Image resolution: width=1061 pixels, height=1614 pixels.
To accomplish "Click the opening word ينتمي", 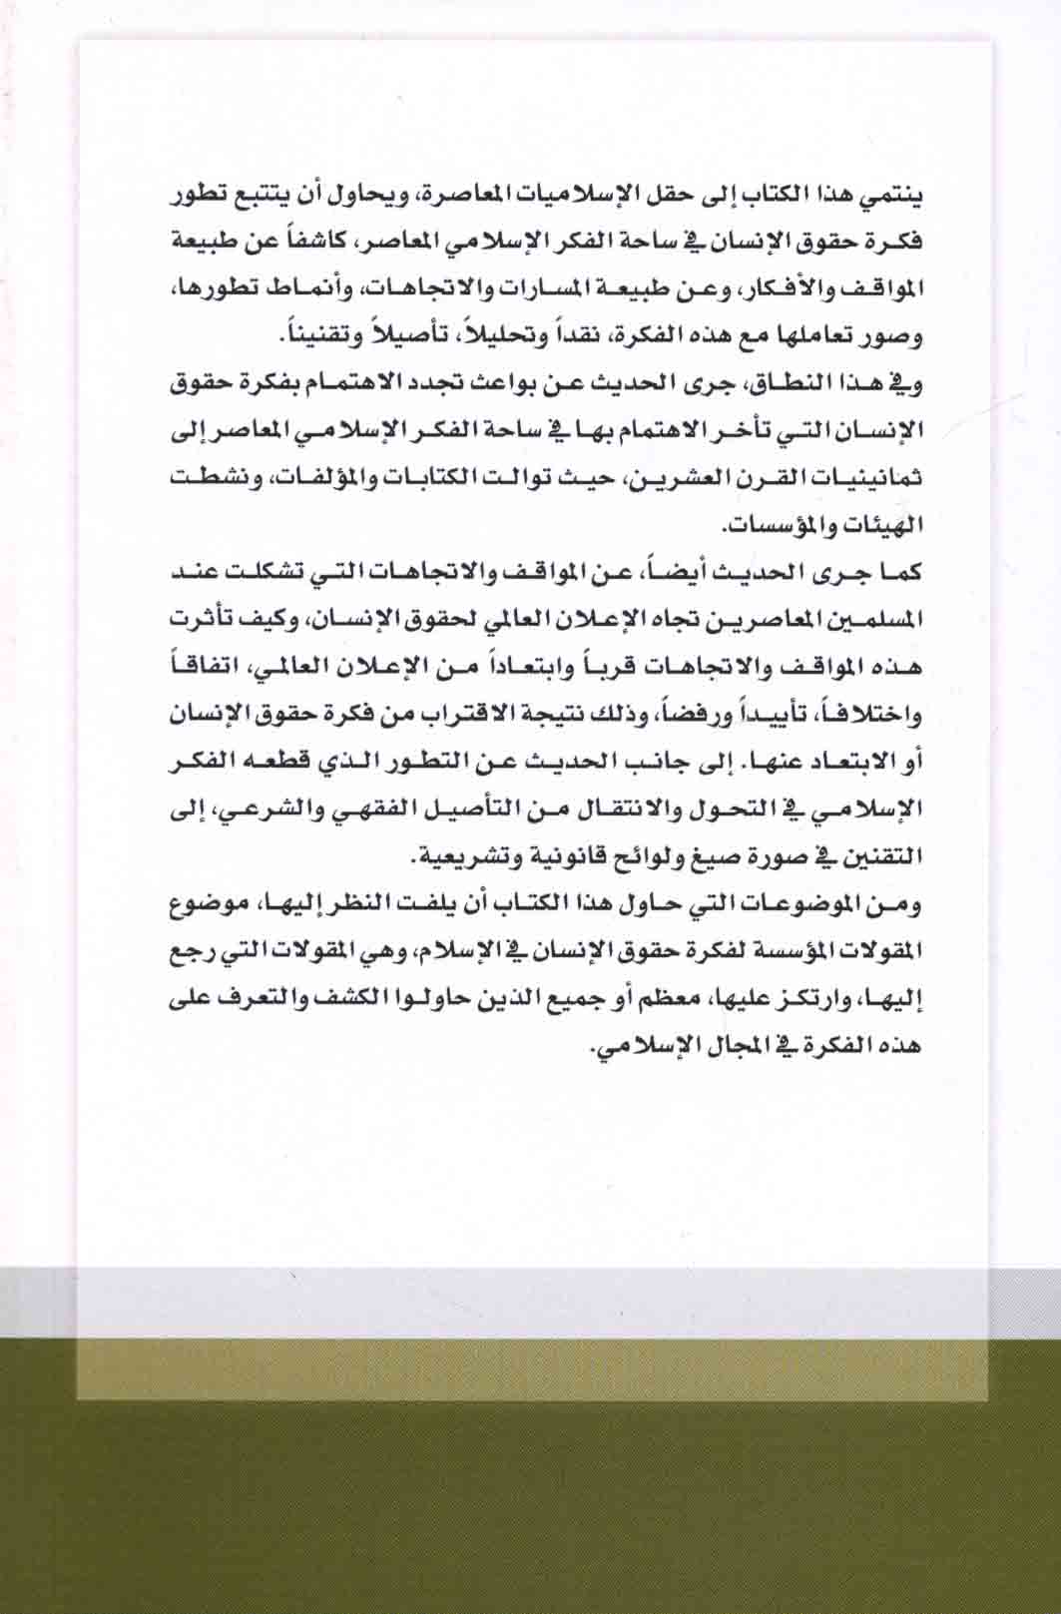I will pos(891,197).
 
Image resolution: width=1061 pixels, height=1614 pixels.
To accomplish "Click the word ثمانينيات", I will pos(870,478).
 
